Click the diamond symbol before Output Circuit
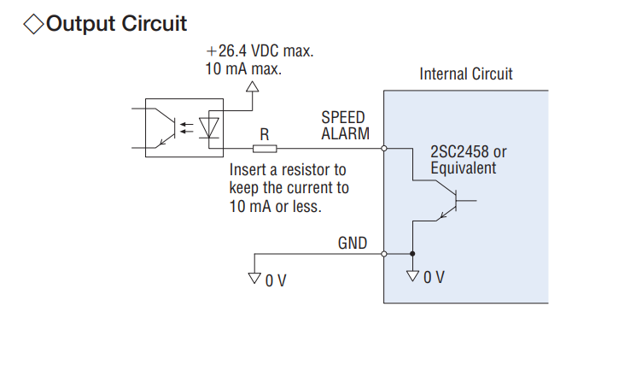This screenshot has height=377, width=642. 33,23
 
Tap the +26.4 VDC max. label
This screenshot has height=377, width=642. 260,50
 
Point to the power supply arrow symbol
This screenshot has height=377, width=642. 252,86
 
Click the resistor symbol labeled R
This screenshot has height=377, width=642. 265,149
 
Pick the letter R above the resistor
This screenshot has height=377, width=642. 265,134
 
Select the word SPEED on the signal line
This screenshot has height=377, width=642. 343,117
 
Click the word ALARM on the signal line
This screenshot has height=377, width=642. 345,133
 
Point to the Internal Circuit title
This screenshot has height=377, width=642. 466,74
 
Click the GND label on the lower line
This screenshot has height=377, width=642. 353,244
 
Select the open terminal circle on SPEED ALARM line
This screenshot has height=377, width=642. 384,149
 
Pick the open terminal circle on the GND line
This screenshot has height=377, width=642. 384,254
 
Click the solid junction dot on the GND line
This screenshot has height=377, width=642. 413,254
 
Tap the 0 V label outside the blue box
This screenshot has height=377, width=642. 275,280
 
